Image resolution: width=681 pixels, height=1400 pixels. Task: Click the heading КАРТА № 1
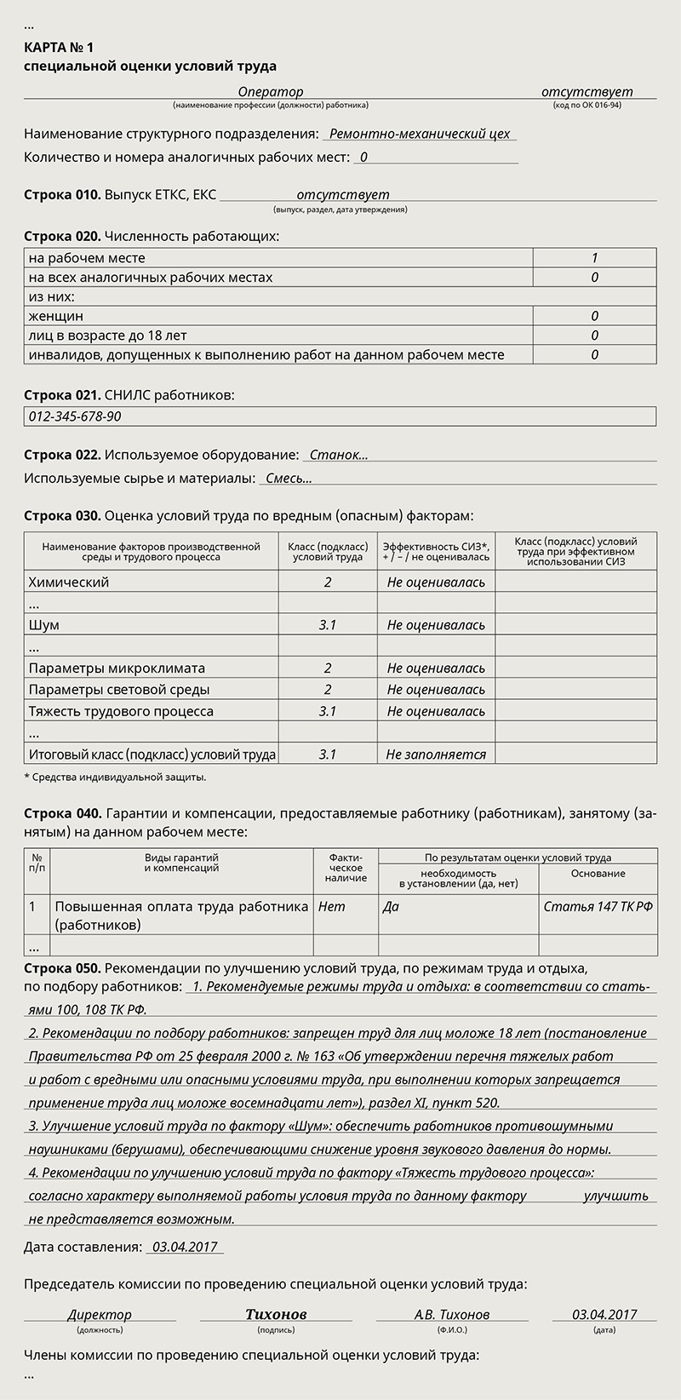point(59,48)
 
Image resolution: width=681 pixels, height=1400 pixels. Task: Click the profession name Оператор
point(270,92)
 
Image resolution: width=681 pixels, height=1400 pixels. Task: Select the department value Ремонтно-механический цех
point(419,134)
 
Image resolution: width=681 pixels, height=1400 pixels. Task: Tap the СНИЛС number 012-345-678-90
point(75,416)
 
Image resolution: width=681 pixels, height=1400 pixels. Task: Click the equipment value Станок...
point(338,455)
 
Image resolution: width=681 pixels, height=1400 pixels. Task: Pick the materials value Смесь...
point(289,479)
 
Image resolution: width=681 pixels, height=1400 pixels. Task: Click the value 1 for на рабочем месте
point(594,258)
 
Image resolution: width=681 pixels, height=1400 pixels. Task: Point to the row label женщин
point(56,316)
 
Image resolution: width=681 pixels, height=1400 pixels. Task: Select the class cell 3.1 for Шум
point(328,625)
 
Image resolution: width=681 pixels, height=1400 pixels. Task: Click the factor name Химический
point(69,582)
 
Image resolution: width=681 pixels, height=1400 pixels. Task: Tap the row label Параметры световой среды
point(119,690)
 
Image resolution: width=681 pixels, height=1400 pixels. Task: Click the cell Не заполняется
point(436,755)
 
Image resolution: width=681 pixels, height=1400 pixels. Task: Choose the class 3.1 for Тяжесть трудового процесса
point(328,711)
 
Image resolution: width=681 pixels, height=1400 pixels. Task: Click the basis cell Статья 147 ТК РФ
point(598,906)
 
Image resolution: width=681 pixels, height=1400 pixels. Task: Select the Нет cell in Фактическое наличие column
point(332,906)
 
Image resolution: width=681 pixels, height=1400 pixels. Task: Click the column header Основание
point(598,873)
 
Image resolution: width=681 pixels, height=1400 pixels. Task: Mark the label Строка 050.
point(63,968)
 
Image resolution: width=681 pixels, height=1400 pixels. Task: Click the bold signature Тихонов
point(276,1314)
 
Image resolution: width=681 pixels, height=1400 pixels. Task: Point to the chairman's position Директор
point(100,1314)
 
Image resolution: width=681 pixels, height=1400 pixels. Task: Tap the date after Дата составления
point(185,1247)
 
